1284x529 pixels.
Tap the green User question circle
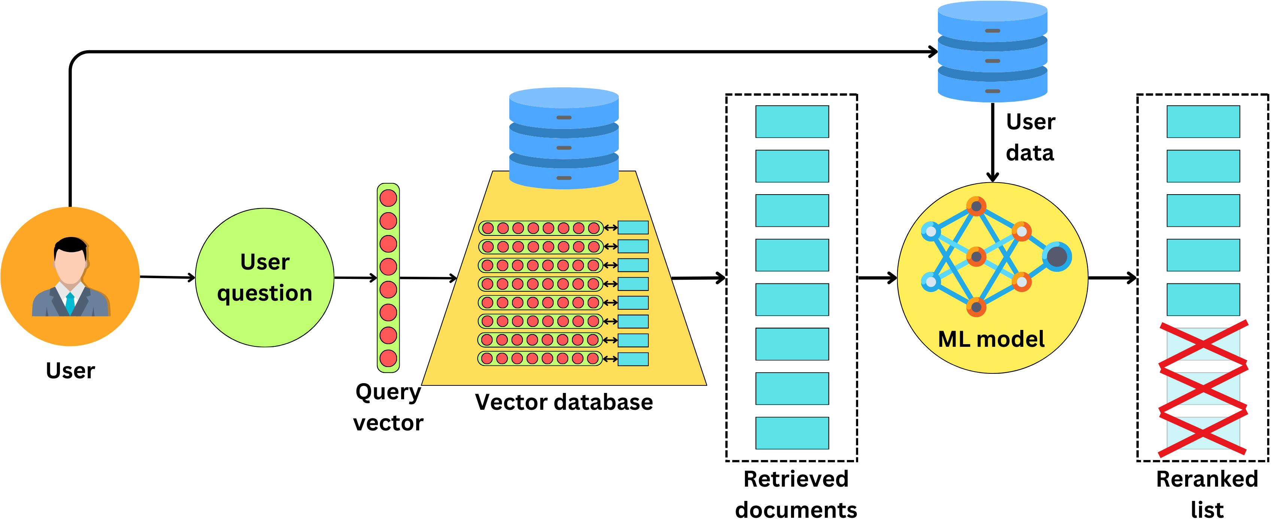pyautogui.click(x=265, y=277)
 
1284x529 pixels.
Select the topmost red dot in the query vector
pyautogui.click(x=388, y=198)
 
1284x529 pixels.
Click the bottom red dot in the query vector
pyautogui.click(x=388, y=358)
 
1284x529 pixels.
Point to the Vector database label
pyautogui.click(x=564, y=402)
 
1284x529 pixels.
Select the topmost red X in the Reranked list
pyautogui.click(x=1203, y=344)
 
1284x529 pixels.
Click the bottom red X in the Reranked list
pyautogui.click(x=1203, y=433)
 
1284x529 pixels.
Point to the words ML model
pyautogui.click(x=991, y=339)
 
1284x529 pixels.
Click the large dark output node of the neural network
pyautogui.click(x=1057, y=256)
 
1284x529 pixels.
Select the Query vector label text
pyautogui.click(x=388, y=407)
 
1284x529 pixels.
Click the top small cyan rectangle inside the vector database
pyautogui.click(x=633, y=228)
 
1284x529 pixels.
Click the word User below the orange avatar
pyautogui.click(x=70, y=371)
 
